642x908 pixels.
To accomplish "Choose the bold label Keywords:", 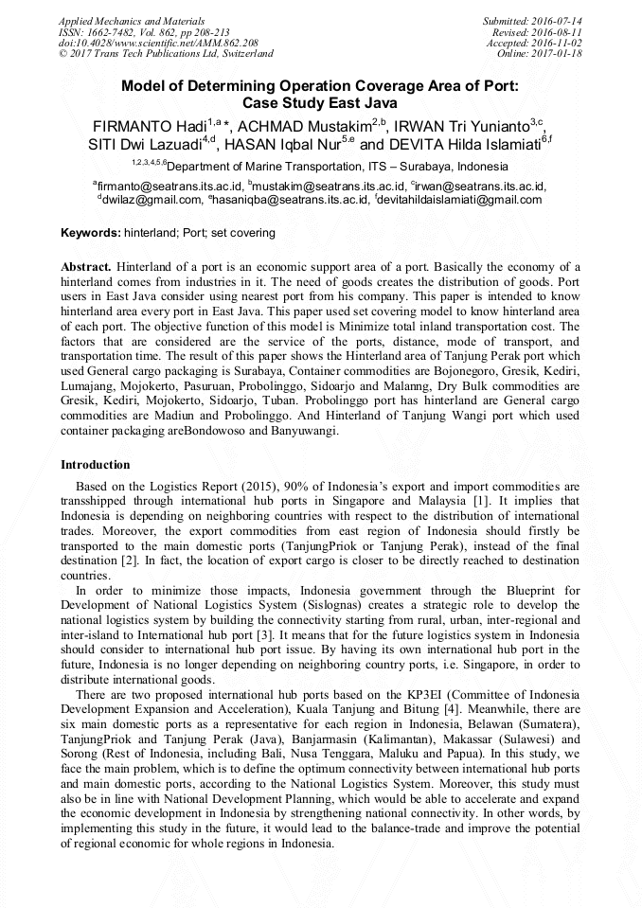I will coord(91,233).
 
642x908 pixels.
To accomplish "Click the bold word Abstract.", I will coord(87,266).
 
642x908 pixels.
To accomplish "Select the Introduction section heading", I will coord(96,465).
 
